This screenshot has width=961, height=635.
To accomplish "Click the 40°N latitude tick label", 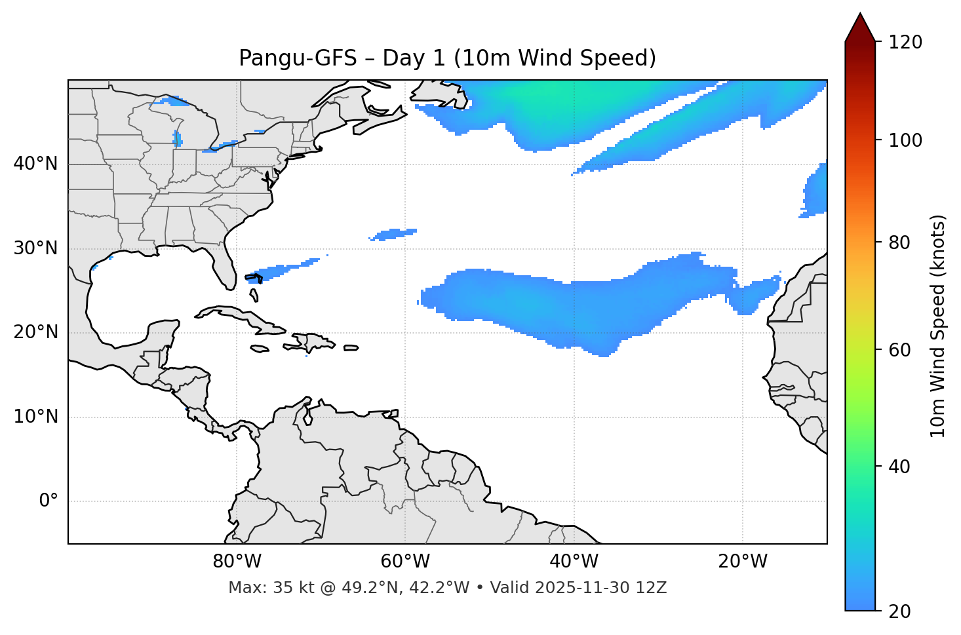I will point(35,164).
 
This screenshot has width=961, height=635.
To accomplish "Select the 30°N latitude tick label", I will point(35,248).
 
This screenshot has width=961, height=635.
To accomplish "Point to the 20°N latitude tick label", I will point(35,332).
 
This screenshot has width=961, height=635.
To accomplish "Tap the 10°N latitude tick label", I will point(35,417).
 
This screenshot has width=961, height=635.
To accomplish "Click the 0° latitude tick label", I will point(48,501).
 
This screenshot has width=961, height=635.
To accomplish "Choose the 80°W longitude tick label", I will point(237,562).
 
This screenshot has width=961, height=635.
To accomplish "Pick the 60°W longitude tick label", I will point(405,562).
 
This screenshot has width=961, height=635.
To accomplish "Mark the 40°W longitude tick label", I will point(574,562).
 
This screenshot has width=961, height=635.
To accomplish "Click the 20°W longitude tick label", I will point(742,562).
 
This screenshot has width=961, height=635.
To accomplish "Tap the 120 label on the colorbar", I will point(905,43).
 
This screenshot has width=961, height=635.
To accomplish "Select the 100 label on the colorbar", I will point(905,140).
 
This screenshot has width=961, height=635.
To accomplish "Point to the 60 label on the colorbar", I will point(900,350).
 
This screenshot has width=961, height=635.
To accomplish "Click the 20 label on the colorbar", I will point(900,611).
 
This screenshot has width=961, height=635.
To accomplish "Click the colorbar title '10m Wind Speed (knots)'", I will point(938,326).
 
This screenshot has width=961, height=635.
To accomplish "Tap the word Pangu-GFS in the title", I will point(298,58).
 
